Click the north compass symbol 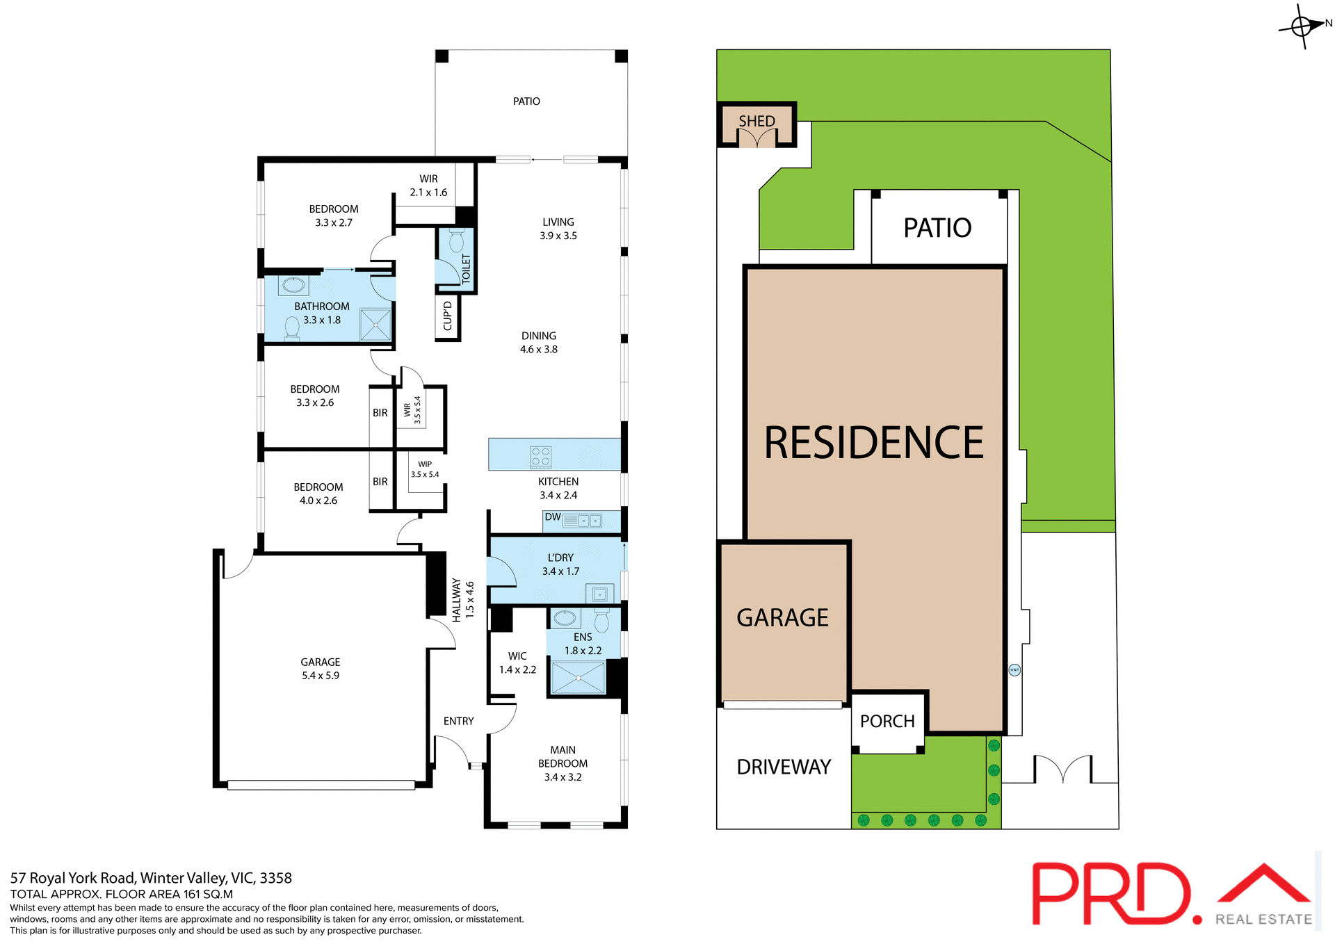pos(1302,26)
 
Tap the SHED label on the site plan pos(756,121)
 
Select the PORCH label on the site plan pos(887,722)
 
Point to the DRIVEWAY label pos(784,767)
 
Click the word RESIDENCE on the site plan pos(874,443)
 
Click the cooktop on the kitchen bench pos(540,456)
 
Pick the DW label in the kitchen pos(553,517)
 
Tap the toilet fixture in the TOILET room pos(457,241)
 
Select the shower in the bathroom pos(375,325)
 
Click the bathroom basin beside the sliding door pos(293,285)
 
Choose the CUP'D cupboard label pos(448,316)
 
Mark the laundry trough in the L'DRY pos(599,594)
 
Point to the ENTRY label pos(458,722)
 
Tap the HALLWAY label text pos(457,600)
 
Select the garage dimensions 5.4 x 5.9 pos(321,676)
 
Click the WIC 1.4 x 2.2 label pos(517,663)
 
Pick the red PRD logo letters pos(1110,895)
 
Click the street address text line pos(151,878)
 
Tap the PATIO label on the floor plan pos(526,101)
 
